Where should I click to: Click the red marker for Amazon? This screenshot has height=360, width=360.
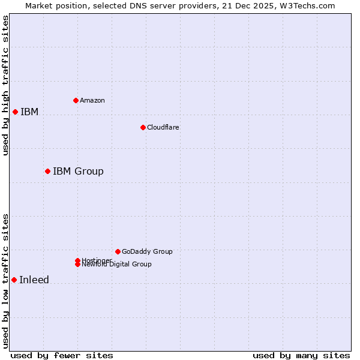(x=76, y=100)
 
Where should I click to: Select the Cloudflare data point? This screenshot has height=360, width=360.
(x=143, y=127)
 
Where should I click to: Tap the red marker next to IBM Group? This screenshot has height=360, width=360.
(x=47, y=171)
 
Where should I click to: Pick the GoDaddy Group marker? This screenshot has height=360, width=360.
(x=118, y=251)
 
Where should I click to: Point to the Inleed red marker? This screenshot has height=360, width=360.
(x=14, y=280)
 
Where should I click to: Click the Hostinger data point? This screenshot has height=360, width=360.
(x=77, y=260)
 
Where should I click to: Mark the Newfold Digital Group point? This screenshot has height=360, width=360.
(x=77, y=265)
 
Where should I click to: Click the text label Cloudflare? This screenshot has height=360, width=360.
(x=163, y=127)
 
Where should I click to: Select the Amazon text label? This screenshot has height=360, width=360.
(x=92, y=100)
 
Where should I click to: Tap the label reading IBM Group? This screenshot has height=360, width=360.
(x=78, y=172)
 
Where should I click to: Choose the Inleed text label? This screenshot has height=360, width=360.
(x=34, y=280)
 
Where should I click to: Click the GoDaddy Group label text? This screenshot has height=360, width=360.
(x=147, y=251)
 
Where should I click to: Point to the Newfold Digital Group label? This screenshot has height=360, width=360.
(x=117, y=265)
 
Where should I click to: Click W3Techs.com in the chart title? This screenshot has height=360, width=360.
(x=306, y=6)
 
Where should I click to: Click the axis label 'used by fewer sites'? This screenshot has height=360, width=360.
(x=62, y=355)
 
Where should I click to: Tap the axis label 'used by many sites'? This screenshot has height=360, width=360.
(x=301, y=355)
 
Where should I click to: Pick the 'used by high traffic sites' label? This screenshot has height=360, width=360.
(x=5, y=85)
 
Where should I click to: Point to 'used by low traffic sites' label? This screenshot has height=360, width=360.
(x=5, y=280)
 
